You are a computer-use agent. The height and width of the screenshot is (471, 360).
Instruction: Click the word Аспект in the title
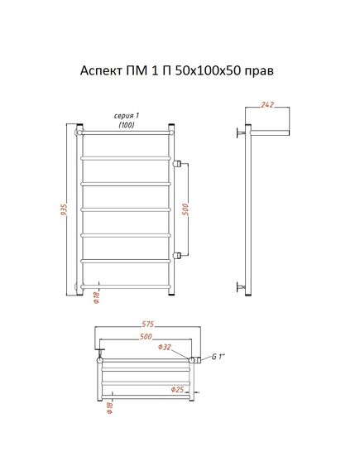tap(101, 71)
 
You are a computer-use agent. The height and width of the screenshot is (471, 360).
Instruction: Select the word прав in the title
tap(260, 72)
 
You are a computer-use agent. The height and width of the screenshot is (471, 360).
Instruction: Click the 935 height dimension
tap(64, 209)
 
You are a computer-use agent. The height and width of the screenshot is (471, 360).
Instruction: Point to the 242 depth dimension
tap(267, 104)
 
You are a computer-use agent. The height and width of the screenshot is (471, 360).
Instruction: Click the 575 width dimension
tap(147, 324)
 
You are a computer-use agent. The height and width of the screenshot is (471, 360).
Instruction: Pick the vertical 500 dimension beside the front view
tap(186, 209)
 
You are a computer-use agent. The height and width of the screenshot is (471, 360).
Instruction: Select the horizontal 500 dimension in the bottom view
tap(146, 337)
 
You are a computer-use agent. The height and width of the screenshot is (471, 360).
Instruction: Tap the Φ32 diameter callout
tap(165, 347)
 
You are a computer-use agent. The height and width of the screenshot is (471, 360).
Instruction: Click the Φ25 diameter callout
tap(177, 390)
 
